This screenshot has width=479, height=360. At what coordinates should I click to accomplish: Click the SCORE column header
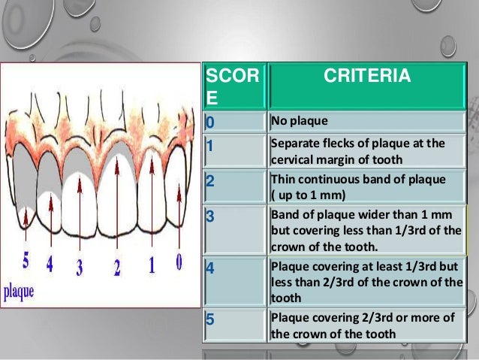[233, 86]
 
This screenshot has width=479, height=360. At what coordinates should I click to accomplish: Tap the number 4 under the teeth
[49, 265]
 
